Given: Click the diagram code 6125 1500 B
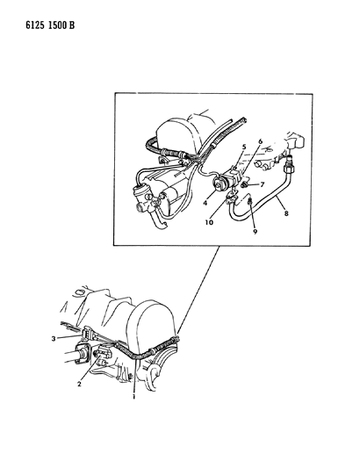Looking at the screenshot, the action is [50, 25].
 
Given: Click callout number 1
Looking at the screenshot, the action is [134, 397].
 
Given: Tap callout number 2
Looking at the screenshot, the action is [79, 384].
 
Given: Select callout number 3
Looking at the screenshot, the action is [54, 339].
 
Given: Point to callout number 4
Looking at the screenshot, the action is [205, 203].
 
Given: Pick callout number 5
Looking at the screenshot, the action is [244, 147].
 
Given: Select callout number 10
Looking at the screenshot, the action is [209, 222].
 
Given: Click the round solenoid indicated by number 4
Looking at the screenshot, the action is [219, 184].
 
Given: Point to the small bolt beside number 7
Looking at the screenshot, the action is [244, 185].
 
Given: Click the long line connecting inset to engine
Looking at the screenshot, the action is [198, 289].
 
